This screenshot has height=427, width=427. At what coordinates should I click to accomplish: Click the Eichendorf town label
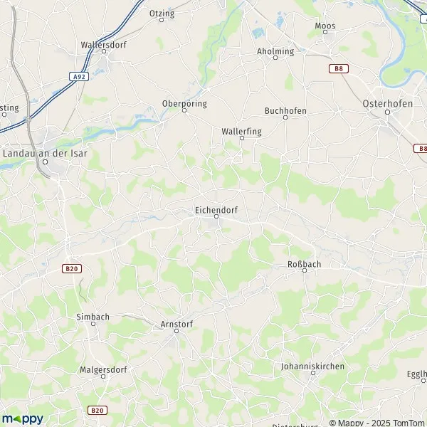[216, 210]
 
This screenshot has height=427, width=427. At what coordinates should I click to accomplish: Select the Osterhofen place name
[388, 103]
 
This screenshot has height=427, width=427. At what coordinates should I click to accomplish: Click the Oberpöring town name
[184, 103]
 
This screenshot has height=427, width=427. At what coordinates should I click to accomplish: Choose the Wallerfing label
[241, 131]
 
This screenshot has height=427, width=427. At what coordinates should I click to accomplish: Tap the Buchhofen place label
[285, 110]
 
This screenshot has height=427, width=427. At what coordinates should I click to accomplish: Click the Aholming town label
[275, 51]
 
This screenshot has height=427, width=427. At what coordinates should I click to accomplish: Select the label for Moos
[325, 26]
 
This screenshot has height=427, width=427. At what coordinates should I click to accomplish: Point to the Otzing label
[162, 13]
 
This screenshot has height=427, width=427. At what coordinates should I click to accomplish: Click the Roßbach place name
[304, 263]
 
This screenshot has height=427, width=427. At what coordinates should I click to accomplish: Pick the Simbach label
[93, 315]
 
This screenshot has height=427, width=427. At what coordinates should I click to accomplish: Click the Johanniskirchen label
[313, 366]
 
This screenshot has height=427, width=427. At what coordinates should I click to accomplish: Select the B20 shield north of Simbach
[70, 268]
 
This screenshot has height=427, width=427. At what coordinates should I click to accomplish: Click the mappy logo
[22, 418]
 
